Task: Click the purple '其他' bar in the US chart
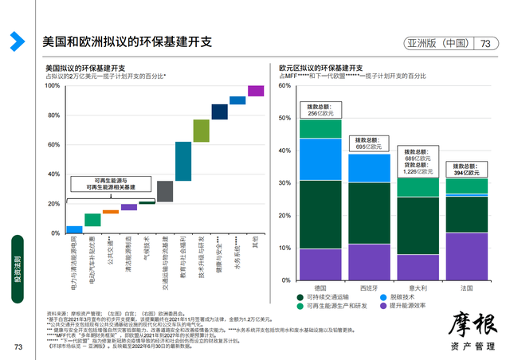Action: point(256,91)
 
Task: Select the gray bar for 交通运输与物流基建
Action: point(165,191)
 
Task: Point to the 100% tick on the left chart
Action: point(53,86)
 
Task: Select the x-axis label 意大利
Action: point(418,287)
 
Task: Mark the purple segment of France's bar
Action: point(466,256)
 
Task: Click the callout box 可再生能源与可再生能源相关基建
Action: point(119,183)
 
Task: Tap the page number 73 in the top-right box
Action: point(484,45)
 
